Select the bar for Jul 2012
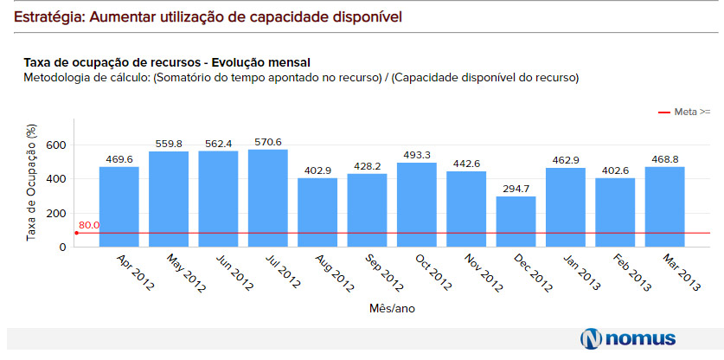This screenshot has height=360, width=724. pos(268,198)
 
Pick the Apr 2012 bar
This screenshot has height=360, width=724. pos(119,207)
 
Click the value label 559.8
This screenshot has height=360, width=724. pos(169,144)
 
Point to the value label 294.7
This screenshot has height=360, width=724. pos(516,189)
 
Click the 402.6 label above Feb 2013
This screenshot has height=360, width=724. pos(615,170)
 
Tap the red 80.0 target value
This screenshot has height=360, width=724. pos(88,226)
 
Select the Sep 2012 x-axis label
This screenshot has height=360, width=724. pos(384,273)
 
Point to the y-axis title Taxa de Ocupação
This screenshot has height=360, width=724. pos(31,182)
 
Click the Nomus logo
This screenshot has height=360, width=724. pos(628,338)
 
